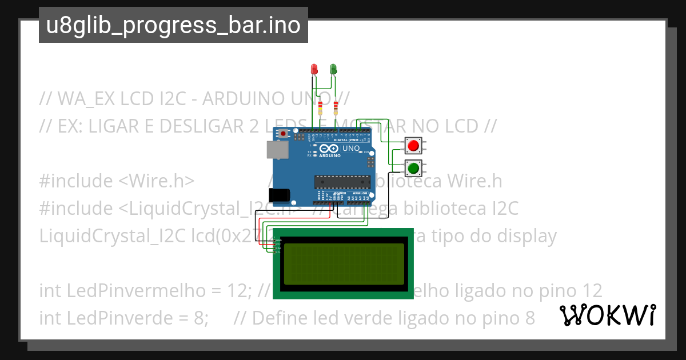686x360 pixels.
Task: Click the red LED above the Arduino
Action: tap(314, 69)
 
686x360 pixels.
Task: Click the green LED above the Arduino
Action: tap(333, 69)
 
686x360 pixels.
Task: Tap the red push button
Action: tap(413, 146)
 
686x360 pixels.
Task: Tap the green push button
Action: tap(413, 169)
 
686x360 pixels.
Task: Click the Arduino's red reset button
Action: tap(284, 134)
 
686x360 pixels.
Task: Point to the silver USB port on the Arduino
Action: tap(277, 149)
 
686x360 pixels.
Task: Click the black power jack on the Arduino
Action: tap(280, 194)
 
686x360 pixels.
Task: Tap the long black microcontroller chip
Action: tap(342, 182)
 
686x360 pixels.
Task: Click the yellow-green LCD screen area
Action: tap(342, 263)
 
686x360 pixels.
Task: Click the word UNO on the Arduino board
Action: tap(351, 149)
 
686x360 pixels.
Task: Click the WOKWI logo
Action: tap(608, 315)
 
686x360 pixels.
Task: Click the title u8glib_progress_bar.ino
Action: tap(173, 25)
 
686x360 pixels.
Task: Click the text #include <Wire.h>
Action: tap(117, 181)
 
